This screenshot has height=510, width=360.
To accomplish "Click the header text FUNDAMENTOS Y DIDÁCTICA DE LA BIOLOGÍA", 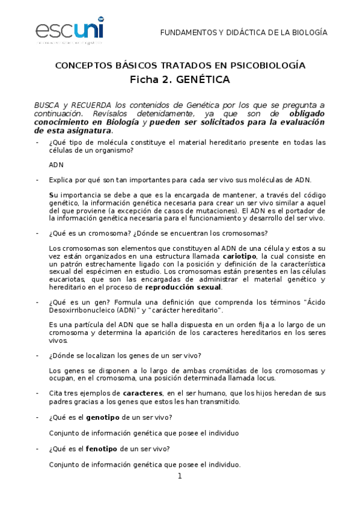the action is click(243, 32).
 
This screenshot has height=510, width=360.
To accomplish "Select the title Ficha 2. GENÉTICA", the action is click(180, 79).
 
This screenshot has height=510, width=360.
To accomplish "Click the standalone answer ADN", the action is click(55, 164).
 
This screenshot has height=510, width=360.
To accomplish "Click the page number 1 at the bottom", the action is click(179, 477).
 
